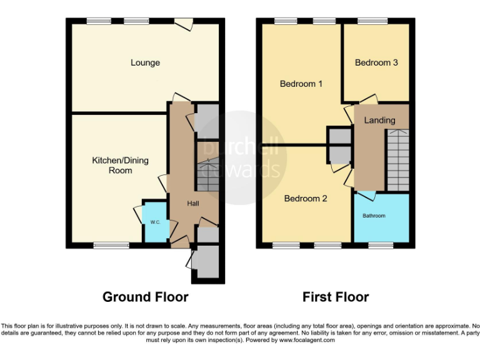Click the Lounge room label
pos(145,62)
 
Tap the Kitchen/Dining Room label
pos(121,165)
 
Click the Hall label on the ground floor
pos(194,204)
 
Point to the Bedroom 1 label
pos(301,84)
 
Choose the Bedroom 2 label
pos(306,199)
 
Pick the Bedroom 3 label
pos(376,62)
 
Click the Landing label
pos(379,120)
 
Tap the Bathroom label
pos(374,216)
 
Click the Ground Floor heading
pos(145,297)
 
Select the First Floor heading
pos(336,297)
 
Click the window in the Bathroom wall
pos(376,246)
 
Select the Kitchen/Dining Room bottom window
pos(111,246)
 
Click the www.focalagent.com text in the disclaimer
pos(306,341)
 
